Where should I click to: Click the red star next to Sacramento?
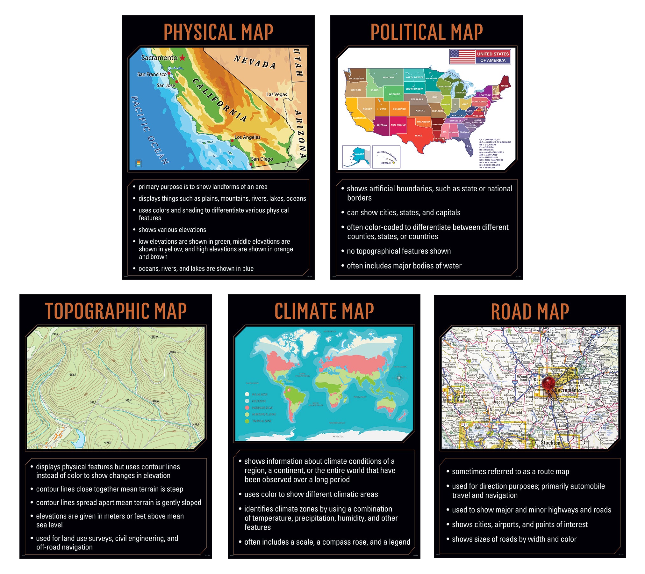(182, 58)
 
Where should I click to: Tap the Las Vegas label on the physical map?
(276, 94)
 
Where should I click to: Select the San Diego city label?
(262, 159)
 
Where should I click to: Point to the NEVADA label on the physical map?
(254, 62)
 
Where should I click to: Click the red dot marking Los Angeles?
(232, 140)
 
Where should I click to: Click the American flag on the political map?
(462, 57)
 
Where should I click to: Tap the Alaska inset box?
(356, 157)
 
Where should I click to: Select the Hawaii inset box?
(386, 157)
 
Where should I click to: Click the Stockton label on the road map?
(550, 443)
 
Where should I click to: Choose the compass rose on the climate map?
(399, 378)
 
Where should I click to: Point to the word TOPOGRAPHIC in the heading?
(97, 311)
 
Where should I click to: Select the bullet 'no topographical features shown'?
(398, 251)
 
